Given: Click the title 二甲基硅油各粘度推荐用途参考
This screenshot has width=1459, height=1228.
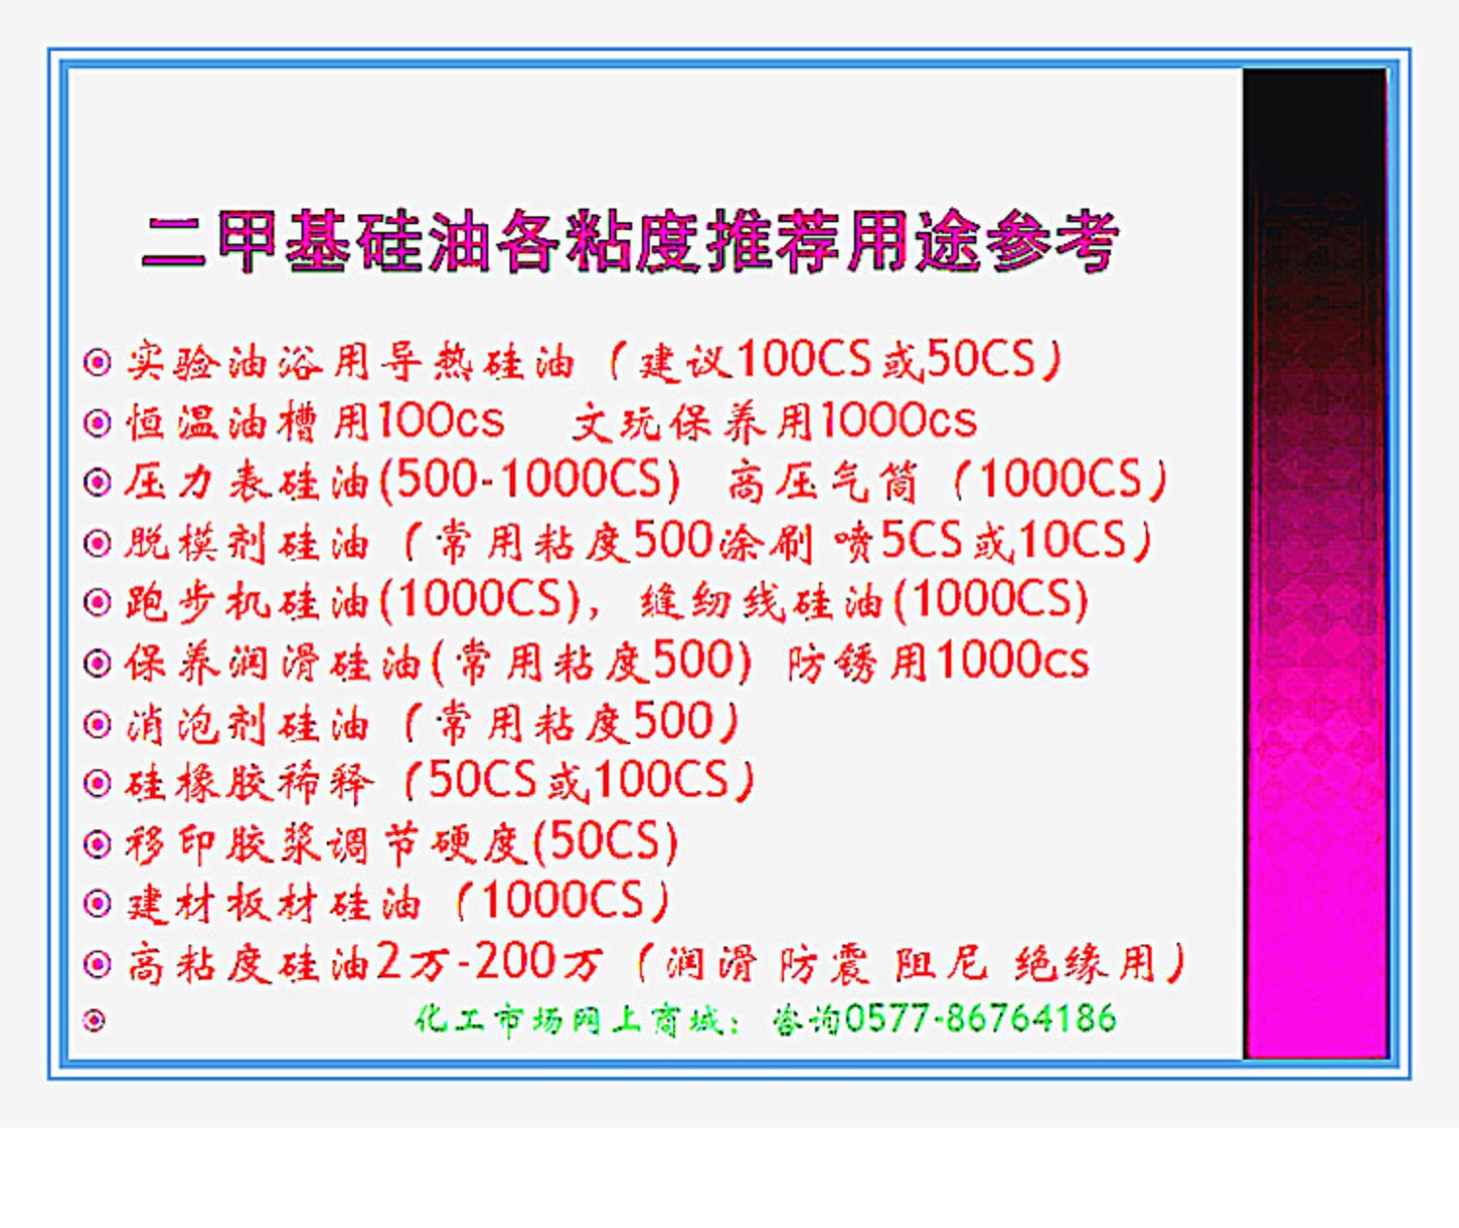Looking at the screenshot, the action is point(629,242).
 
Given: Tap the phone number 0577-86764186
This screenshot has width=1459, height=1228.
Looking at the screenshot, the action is point(980,1018).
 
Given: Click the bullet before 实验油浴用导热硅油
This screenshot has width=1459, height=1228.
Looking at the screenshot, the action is point(97,362).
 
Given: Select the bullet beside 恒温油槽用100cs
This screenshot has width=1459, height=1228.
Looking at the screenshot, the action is point(97,422).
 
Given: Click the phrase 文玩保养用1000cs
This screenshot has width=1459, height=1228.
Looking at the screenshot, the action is point(774,421).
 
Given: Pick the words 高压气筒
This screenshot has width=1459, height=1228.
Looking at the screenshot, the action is point(822,483).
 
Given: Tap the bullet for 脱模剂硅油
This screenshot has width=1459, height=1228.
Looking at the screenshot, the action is point(97,542).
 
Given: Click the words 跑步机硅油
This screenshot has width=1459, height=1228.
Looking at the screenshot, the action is point(247,602).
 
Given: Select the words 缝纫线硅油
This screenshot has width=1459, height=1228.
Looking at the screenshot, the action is point(761,602).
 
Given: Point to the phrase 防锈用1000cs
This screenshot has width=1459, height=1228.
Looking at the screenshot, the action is point(937,662).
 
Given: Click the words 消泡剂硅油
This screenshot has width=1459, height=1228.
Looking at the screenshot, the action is point(247,723).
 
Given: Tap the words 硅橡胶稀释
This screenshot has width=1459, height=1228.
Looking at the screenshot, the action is point(249,782).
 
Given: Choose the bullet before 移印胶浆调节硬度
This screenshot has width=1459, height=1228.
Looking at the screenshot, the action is point(97,845).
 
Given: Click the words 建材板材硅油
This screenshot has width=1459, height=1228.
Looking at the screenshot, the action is point(273,904).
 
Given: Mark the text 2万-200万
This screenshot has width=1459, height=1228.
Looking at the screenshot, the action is point(487,963).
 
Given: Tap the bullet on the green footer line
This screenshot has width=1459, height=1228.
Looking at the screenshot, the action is point(95,1021).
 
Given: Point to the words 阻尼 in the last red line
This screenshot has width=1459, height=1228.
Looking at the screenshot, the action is point(941,963).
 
